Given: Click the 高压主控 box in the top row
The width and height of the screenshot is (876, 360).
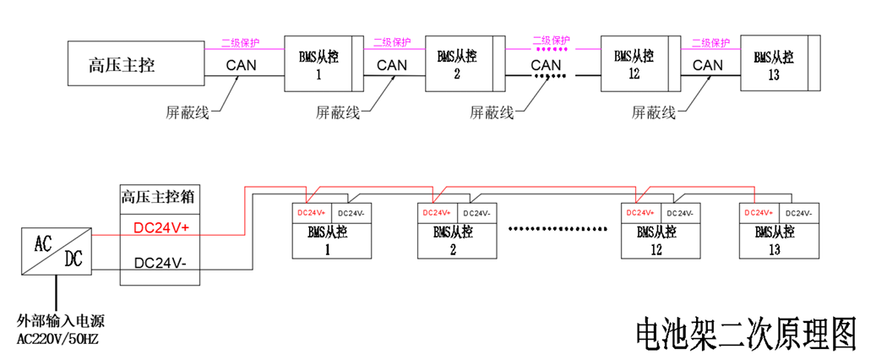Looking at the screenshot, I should [135, 64].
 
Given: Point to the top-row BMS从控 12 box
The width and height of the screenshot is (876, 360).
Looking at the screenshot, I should [634, 64].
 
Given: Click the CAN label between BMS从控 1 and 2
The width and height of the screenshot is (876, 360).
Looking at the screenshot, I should [392, 65].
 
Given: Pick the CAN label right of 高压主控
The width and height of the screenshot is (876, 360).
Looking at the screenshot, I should [244, 65].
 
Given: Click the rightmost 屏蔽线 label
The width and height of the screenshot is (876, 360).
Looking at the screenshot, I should [654, 112].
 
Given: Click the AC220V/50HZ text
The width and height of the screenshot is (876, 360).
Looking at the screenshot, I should [57, 339].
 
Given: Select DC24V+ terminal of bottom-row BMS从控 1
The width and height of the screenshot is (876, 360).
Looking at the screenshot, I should [311, 213].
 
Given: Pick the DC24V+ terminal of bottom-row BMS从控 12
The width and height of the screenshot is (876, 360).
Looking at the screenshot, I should [640, 213].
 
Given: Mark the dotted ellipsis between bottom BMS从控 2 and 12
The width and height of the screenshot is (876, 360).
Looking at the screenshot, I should [558, 229].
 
